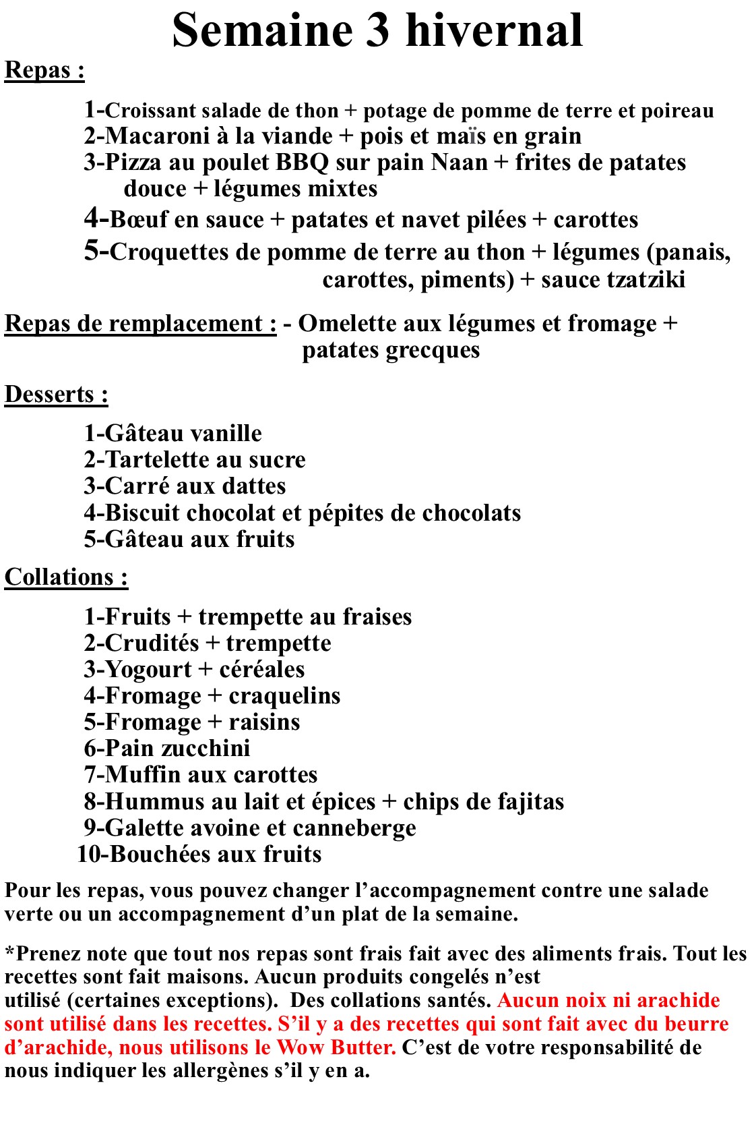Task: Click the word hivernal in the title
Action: [495, 30]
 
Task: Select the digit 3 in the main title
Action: [378, 30]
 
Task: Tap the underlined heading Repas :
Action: [44, 70]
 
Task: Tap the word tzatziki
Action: [647, 279]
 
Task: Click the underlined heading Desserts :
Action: [57, 395]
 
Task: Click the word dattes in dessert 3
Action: [253, 486]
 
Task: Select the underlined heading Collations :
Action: [66, 577]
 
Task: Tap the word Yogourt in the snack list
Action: [148, 670]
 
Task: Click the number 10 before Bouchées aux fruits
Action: [88, 855]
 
